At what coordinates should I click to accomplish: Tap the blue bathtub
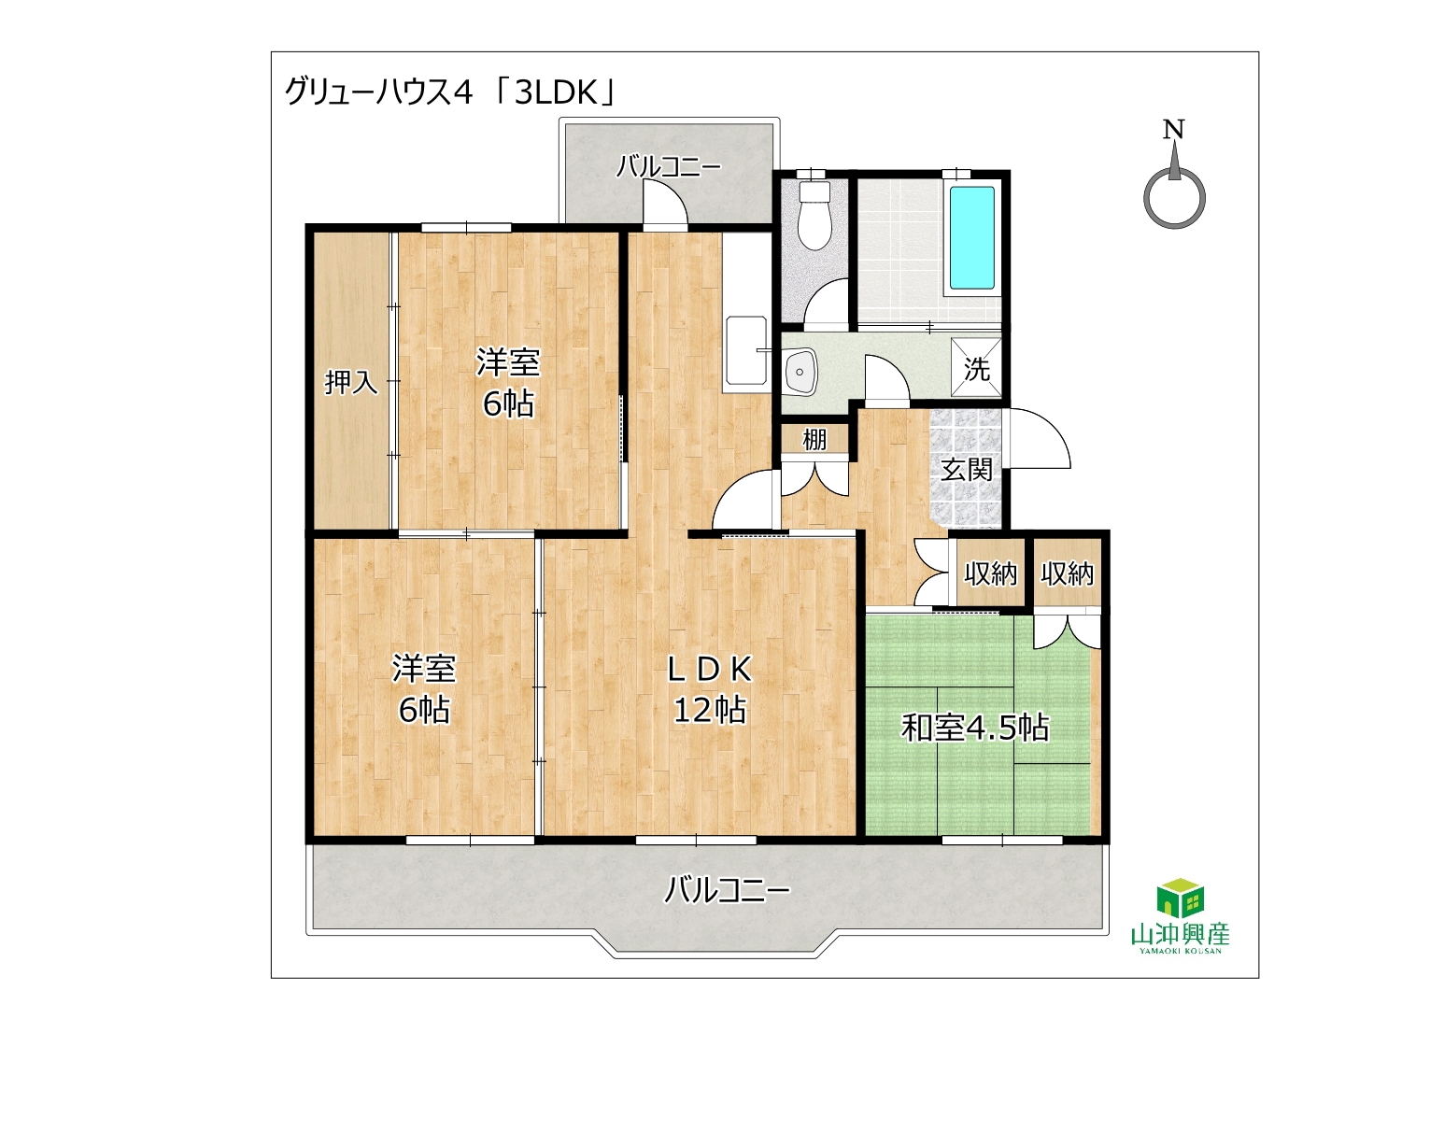pyautogui.click(x=971, y=238)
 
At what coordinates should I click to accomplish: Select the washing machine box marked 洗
pyautogui.click(x=975, y=368)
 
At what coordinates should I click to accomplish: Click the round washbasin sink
pyautogui.click(x=802, y=373)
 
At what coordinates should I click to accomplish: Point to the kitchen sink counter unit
pyautogui.click(x=747, y=312)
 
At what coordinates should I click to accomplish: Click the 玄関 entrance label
pyautogui.click(x=967, y=469)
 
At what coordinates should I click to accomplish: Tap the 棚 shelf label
pyautogui.click(x=814, y=439)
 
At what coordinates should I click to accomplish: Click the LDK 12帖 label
pyautogui.click(x=710, y=689)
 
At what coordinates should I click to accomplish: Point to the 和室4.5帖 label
pyautogui.click(x=975, y=728)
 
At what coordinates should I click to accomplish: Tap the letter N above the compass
pyautogui.click(x=1173, y=130)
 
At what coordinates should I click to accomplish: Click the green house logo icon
pyautogui.click(x=1181, y=898)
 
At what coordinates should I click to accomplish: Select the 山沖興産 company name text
pyautogui.click(x=1181, y=935)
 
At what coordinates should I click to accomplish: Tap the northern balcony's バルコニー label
pyautogui.click(x=669, y=166)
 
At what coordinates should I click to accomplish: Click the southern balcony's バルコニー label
pyautogui.click(x=727, y=890)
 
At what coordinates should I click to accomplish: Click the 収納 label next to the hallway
pyautogui.click(x=991, y=573)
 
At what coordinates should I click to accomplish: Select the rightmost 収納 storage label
pyautogui.click(x=1068, y=573)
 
